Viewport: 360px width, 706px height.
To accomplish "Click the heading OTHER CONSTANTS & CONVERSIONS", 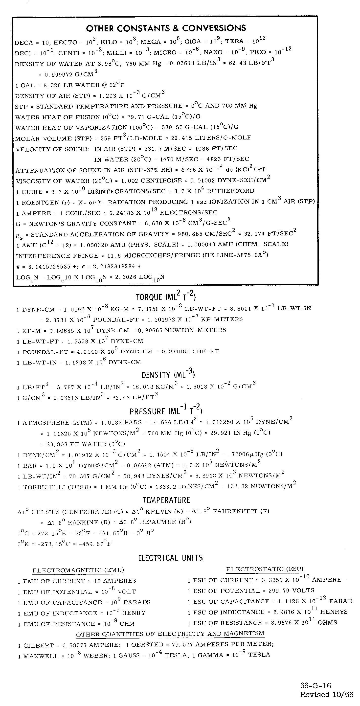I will (x=166, y=28).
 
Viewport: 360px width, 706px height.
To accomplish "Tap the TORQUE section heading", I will (x=166, y=297).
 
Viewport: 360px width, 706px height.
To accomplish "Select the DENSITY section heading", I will (x=168, y=374).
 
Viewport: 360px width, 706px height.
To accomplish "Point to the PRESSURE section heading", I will (x=166, y=411).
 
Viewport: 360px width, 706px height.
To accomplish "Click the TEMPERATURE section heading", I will (x=166, y=500).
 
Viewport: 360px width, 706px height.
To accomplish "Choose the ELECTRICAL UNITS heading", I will (x=170, y=558).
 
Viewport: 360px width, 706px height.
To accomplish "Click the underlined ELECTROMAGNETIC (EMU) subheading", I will (x=78, y=570).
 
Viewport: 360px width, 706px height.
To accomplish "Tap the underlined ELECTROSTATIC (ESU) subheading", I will (x=264, y=569).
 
